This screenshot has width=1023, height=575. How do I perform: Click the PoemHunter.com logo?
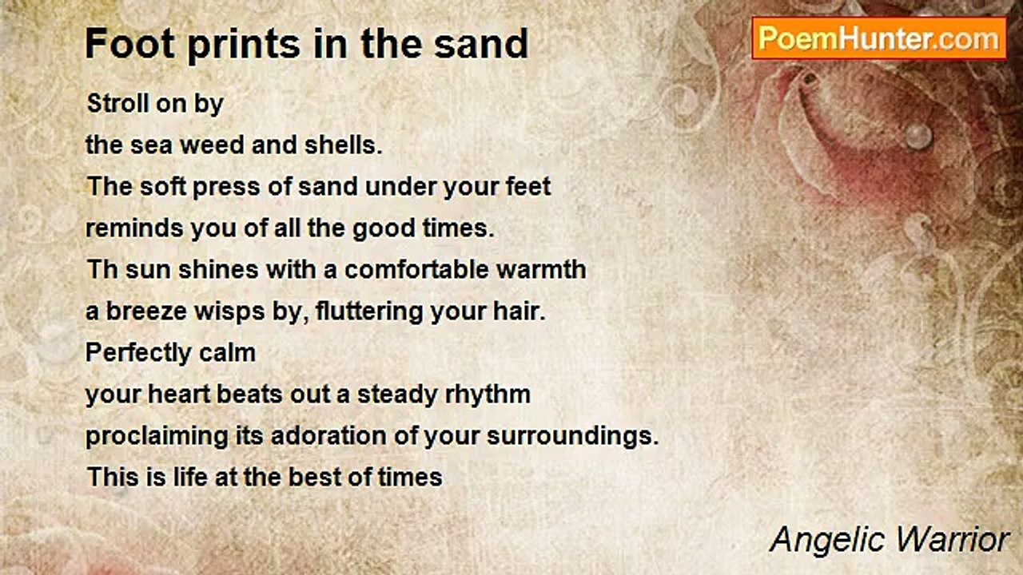[878, 38]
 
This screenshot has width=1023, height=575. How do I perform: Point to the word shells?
[340, 145]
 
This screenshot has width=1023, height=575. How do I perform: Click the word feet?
[527, 187]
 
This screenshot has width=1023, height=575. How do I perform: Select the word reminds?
[134, 228]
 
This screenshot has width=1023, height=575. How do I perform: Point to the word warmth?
[547, 269]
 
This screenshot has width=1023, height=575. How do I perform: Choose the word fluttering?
[369, 311]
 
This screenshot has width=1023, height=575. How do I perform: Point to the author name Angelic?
[825, 540]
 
